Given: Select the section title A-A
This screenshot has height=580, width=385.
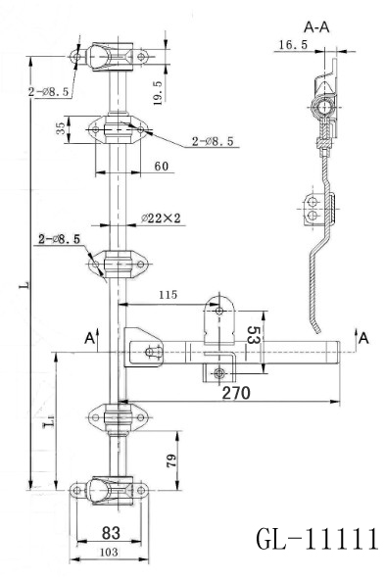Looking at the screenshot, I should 318,27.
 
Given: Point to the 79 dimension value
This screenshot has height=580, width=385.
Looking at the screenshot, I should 171,459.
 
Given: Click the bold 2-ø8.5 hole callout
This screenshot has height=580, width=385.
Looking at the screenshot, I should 60,238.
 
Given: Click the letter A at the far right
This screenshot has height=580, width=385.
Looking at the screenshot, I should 363,337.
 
